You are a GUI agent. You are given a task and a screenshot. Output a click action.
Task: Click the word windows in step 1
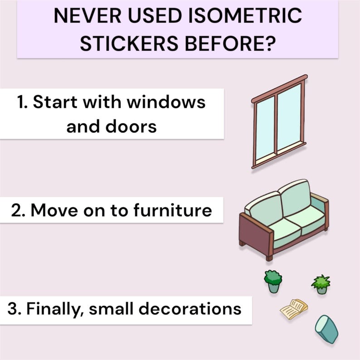[166, 102]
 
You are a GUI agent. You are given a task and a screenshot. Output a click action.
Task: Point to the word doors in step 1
[134, 126]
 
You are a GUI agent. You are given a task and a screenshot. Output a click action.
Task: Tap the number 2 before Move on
[18, 210]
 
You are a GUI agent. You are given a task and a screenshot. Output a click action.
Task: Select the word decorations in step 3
[190, 309]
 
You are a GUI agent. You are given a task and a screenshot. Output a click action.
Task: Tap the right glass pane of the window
[289, 117]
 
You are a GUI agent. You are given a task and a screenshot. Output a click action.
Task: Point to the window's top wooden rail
[279, 89]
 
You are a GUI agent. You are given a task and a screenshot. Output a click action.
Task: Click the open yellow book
[294, 309]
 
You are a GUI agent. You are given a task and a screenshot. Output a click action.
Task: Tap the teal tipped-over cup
[327, 329]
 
